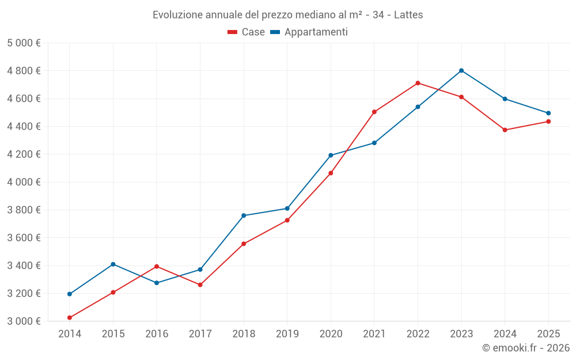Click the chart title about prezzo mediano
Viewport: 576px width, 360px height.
click(287, 14)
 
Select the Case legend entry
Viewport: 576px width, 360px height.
click(247, 32)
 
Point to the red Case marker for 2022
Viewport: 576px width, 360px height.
click(418, 83)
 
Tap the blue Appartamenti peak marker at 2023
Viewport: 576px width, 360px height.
click(461, 70)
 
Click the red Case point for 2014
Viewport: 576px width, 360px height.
click(70, 317)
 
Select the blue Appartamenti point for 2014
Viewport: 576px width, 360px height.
click(70, 294)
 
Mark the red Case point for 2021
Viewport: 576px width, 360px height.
click(374, 112)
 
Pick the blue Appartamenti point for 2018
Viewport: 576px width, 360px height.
click(244, 215)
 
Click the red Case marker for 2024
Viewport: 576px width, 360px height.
click(505, 130)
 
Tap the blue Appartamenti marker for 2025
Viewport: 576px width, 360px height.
click(548, 113)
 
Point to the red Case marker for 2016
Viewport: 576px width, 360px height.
click(157, 266)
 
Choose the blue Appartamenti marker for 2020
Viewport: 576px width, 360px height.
click(331, 155)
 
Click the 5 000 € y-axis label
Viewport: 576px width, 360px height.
click(24, 43)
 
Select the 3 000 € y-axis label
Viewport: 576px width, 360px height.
click(24, 321)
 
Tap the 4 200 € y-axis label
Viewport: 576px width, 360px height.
click(24, 154)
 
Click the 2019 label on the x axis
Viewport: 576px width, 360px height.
click(287, 334)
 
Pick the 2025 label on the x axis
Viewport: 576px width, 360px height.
click(548, 334)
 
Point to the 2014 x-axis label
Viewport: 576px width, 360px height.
click(70, 334)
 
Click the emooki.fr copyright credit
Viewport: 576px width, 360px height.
click(525, 348)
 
